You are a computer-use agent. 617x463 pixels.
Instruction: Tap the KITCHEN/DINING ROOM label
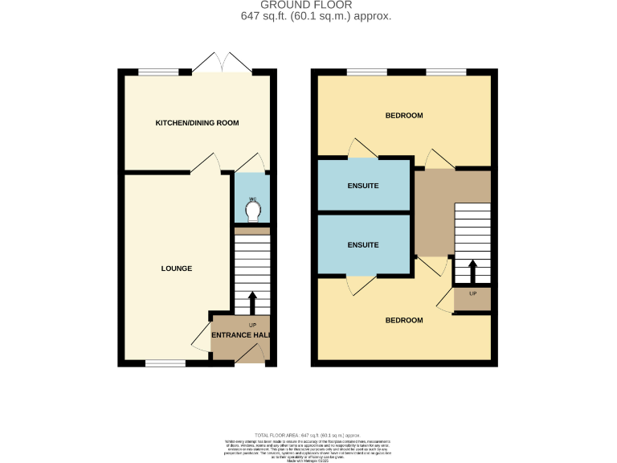pos(197,123)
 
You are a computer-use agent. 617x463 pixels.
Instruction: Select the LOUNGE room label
pos(176,268)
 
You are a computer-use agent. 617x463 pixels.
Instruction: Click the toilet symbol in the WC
pos(253,211)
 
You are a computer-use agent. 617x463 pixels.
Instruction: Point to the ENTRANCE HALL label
pos(240,335)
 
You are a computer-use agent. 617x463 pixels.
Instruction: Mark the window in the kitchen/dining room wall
pos(157,72)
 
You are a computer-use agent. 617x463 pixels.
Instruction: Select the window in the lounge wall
pos(165,363)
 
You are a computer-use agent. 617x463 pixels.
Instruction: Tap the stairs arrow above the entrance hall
pos(252,302)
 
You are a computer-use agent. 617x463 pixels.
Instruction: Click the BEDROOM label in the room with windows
pos(403,116)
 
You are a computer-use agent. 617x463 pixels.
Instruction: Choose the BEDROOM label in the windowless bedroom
pos(403,320)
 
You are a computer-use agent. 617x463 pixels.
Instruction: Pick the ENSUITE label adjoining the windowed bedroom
pos(362,186)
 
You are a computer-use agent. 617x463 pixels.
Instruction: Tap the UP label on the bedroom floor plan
pos(472,293)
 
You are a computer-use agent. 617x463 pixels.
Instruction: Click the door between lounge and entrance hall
pos(199,338)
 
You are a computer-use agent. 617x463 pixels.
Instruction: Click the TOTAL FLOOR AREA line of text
pos(309,434)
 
